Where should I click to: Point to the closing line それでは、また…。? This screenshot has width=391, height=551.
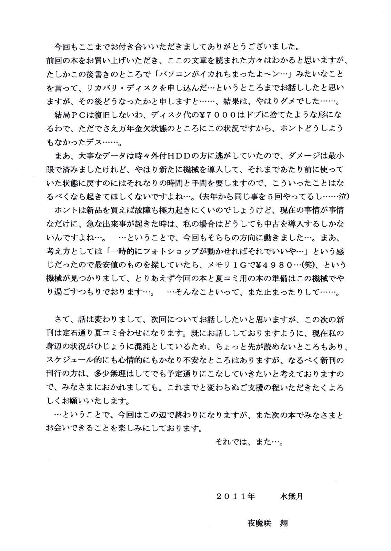[x=249, y=441]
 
